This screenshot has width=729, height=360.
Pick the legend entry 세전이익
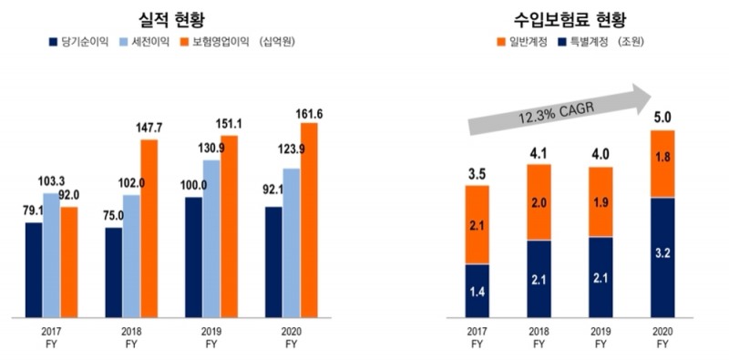pos(146,42)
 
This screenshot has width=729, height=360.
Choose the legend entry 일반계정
pos(524,42)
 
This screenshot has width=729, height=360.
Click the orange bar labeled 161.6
pos(309,219)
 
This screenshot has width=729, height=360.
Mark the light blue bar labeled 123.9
pos(292,242)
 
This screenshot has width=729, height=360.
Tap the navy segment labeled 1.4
pos(477,291)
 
